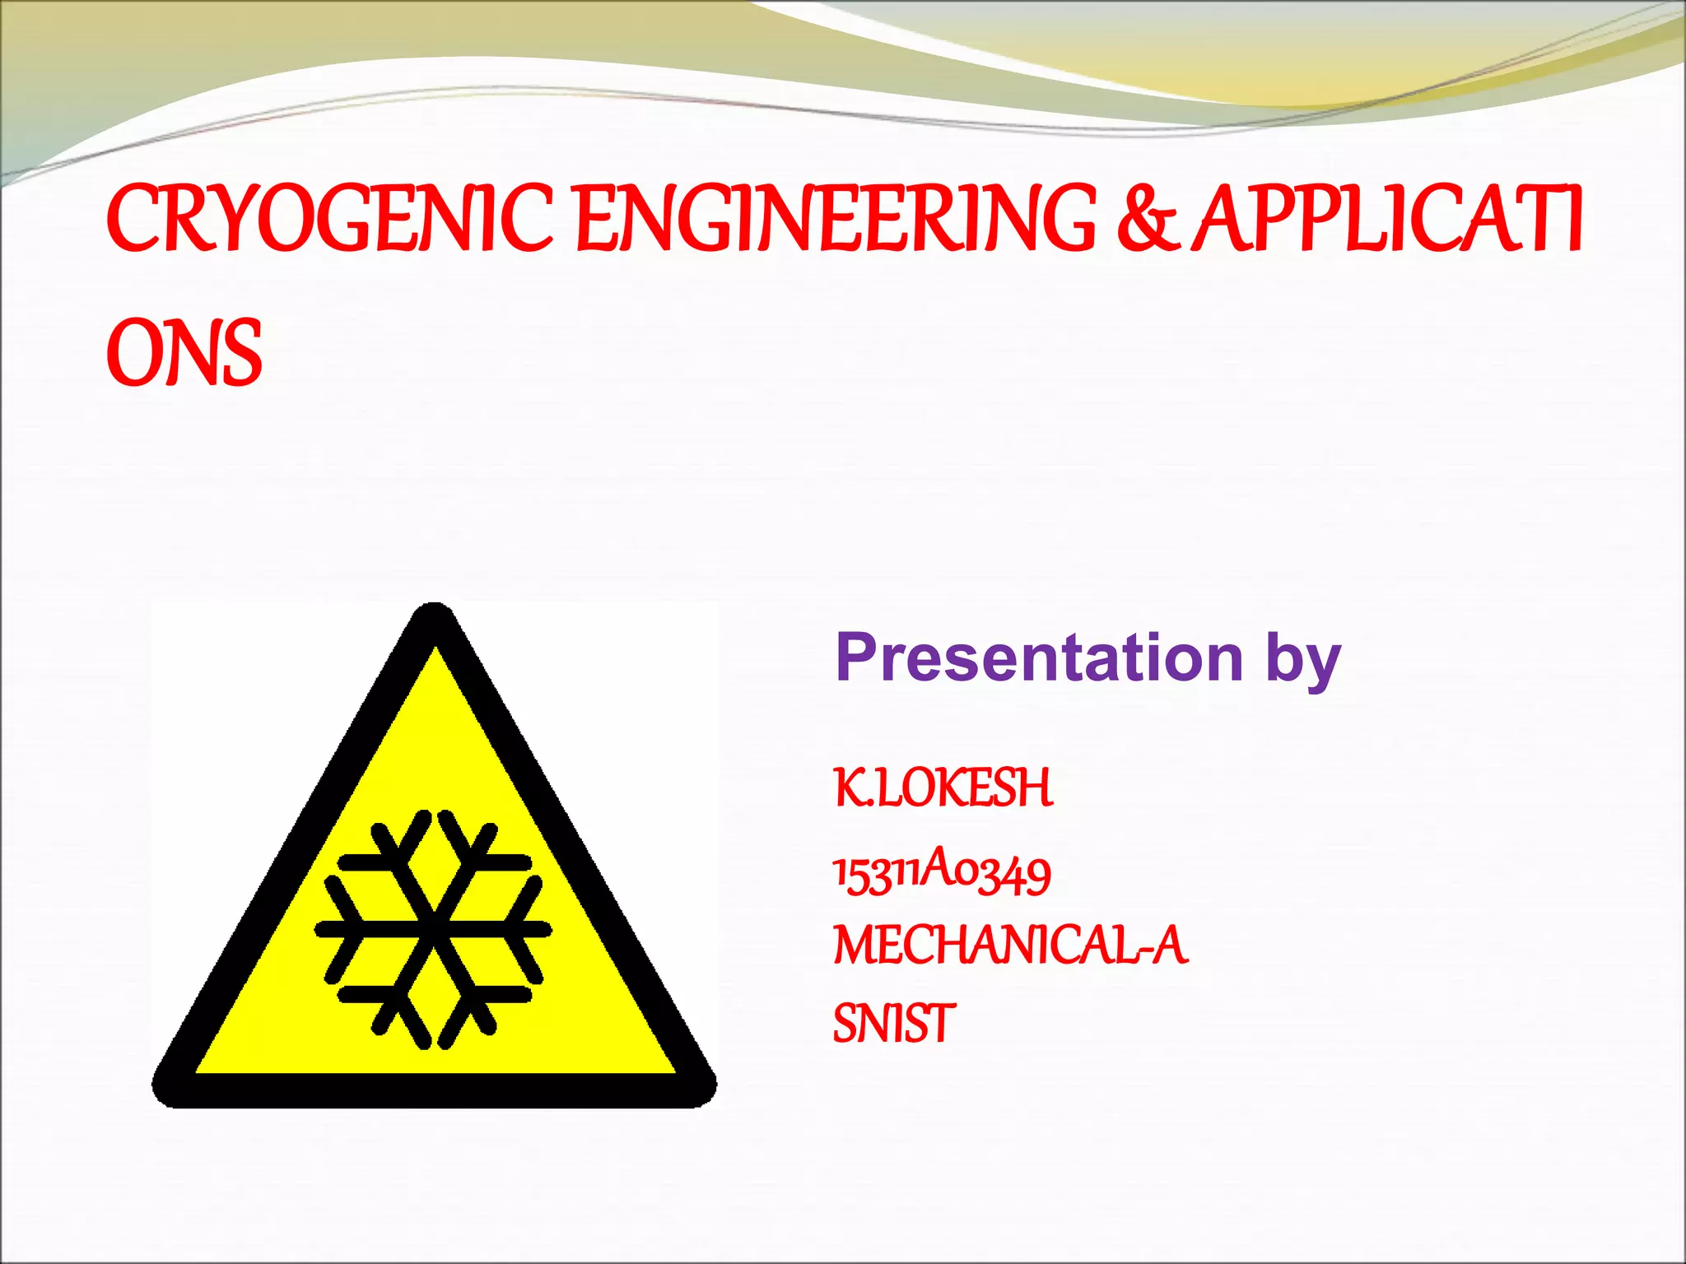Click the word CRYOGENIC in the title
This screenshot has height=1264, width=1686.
(x=329, y=218)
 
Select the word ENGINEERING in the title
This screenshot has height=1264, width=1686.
(x=836, y=218)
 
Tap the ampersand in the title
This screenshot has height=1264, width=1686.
(x=1148, y=218)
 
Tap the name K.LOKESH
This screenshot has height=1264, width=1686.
(x=943, y=788)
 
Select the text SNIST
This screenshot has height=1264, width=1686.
(x=894, y=1024)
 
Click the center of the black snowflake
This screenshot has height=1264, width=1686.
(x=434, y=929)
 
